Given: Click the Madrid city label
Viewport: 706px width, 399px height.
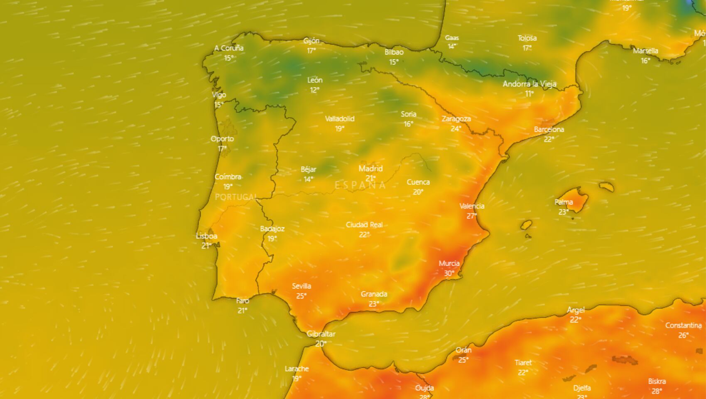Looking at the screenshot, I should click(370, 169).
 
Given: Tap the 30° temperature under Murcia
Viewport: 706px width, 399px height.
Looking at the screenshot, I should click(449, 273).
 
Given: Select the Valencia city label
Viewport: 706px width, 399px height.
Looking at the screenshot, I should click(472, 206).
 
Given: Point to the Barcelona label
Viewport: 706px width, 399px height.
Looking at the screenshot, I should click(549, 130).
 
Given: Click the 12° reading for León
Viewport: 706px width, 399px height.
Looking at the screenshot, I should click(314, 90).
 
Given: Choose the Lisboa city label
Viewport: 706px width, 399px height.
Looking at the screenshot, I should click(206, 236).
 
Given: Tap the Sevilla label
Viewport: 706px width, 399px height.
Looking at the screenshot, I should click(302, 286).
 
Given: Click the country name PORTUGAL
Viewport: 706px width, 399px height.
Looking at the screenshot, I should click(236, 197).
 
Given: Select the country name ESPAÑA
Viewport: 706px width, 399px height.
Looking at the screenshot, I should click(360, 185).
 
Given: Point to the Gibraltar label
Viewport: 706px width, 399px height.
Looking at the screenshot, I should click(321, 334).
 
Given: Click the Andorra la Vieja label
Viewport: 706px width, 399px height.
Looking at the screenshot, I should click(529, 84).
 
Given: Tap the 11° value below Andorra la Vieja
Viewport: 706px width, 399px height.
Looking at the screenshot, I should click(529, 94).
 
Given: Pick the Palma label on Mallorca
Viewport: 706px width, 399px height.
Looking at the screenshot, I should click(564, 202).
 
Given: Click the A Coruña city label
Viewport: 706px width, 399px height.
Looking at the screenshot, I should click(229, 48).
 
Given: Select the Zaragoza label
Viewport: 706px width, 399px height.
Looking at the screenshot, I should click(456, 119).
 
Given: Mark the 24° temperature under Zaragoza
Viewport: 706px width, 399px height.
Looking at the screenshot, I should click(456, 129).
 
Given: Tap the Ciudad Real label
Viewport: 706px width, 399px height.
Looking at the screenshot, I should click(364, 225).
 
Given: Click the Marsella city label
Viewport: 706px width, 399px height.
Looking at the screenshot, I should click(645, 51).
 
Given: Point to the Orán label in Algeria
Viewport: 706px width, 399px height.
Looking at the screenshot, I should click(463, 350).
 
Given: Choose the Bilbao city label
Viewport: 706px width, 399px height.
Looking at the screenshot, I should click(394, 52).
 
